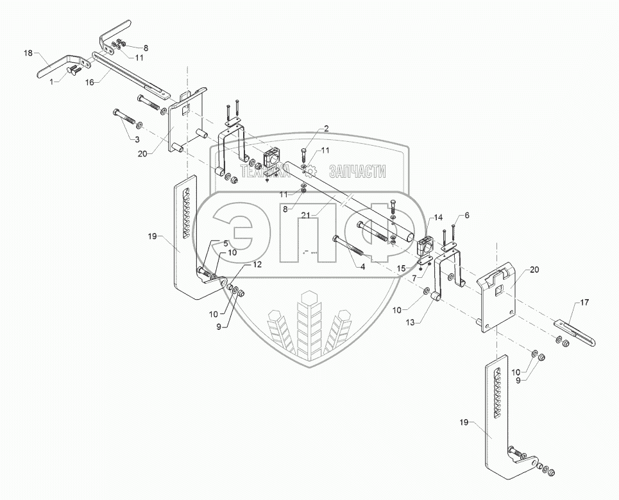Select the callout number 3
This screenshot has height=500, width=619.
pos(137,139)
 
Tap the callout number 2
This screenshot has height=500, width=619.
pos(326,128)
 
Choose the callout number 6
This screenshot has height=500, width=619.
pos(466,216)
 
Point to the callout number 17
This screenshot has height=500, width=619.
pos(584,301)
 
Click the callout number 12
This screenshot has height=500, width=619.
pos(239,264)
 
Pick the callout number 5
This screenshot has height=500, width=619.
pos(226,243)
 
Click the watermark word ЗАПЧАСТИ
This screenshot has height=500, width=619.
pos(357,171)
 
